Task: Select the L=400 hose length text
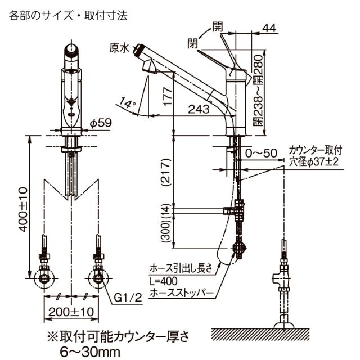click(163, 281)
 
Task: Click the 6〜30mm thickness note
click(90, 352)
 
